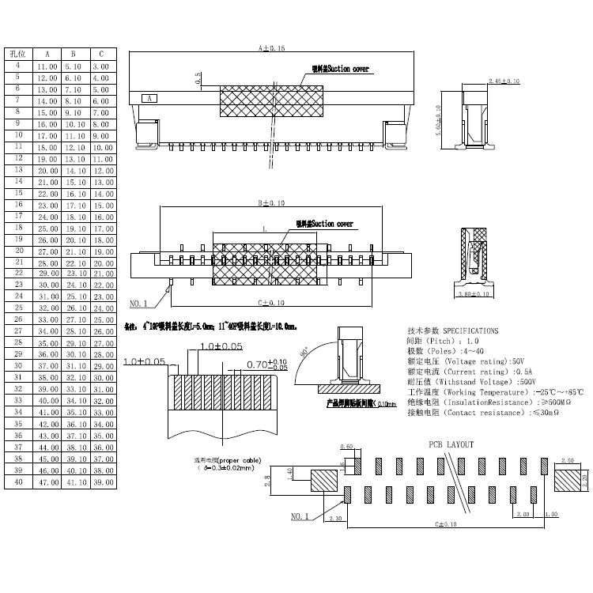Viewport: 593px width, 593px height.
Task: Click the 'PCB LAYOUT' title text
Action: [451, 444]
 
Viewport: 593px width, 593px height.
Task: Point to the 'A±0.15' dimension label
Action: [271, 48]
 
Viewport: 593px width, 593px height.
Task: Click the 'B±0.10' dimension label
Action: [271, 202]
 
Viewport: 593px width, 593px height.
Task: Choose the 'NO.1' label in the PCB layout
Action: [300, 516]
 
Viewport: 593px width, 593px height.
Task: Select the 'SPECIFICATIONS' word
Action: [470, 330]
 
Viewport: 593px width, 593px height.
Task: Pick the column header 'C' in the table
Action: [101, 54]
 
